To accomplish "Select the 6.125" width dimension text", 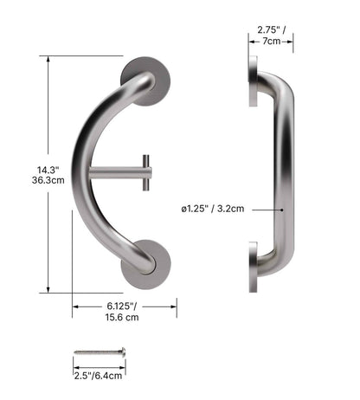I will [123, 306].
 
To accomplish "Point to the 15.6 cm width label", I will [123, 318].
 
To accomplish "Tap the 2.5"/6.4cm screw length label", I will [98, 375].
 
